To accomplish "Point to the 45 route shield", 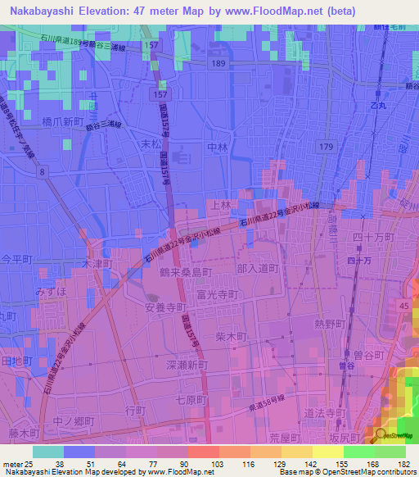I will tap(403, 306).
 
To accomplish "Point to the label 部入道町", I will tap(258, 268).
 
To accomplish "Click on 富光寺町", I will tap(218, 293).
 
